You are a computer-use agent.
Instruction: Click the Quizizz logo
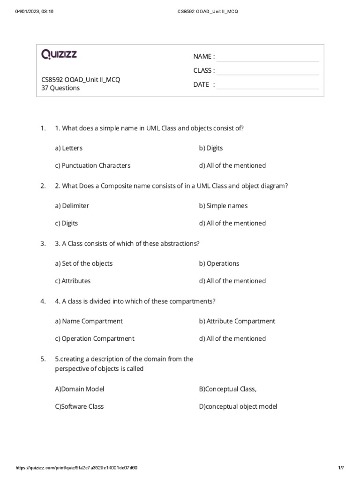tap(59, 55)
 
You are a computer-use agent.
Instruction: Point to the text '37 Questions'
tap(60, 88)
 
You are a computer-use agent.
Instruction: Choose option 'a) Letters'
tap(68, 148)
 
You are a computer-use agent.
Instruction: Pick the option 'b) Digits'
tap(211, 148)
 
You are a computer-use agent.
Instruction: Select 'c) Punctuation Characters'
tap(92, 165)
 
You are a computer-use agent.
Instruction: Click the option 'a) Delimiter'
tap(72, 206)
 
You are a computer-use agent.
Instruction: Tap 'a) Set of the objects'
tap(83, 263)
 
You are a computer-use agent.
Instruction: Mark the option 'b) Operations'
tap(219, 263)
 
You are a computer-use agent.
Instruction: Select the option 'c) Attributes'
tap(73, 281)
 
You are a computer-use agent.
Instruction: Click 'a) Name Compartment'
tap(89, 321)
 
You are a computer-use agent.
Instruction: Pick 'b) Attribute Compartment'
tap(237, 321)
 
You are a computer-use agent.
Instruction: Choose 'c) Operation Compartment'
tap(94, 338)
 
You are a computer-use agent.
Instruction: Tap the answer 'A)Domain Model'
tap(79, 389)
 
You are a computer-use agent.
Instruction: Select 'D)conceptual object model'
tap(238, 406)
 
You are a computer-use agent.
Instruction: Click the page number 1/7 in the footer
tap(341, 468)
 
